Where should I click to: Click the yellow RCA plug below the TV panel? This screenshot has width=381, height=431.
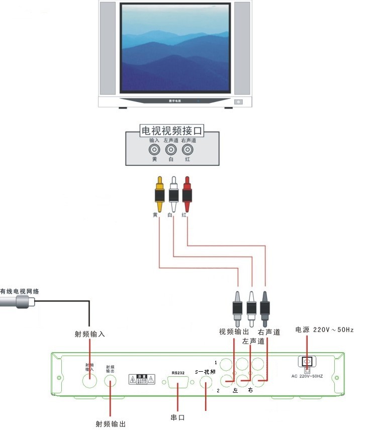click(159, 194)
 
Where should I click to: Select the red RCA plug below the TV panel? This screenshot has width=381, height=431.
click(187, 194)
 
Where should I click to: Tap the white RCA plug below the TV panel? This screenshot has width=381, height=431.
click(173, 194)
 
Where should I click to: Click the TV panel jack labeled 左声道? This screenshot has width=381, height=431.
click(171, 150)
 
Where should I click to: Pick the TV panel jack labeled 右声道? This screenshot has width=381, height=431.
click(187, 150)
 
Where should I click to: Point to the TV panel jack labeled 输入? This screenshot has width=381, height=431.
click(154, 150)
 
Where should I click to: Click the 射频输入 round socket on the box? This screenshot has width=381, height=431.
click(89, 380)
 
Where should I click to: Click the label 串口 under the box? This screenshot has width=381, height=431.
click(178, 417)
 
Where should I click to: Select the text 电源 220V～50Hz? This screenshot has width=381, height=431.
click(324, 330)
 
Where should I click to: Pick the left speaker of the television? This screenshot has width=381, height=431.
click(108, 48)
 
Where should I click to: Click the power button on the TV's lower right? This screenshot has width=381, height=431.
click(239, 102)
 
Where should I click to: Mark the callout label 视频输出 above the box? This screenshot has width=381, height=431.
click(234, 332)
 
